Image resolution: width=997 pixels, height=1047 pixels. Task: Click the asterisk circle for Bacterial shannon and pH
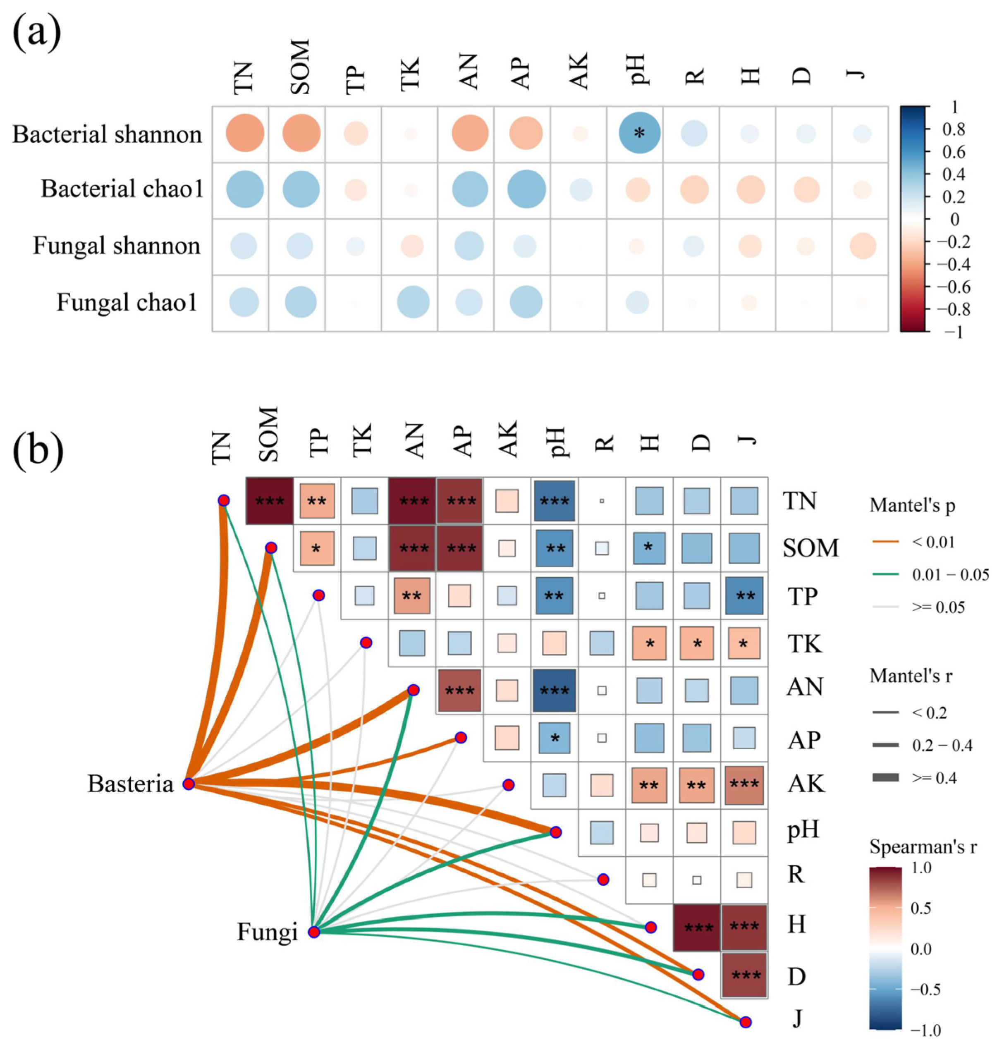(639, 134)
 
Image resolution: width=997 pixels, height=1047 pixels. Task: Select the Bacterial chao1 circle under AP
(526, 190)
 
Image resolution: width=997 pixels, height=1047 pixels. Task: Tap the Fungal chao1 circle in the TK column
(413, 302)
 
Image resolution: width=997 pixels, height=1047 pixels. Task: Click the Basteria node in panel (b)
(188, 784)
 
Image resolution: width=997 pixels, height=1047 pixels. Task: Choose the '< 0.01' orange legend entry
(934, 542)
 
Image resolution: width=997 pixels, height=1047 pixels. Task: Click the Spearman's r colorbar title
(923, 846)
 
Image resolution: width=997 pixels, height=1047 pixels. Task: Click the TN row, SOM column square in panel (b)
(270, 501)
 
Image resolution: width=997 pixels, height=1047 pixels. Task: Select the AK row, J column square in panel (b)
(744, 785)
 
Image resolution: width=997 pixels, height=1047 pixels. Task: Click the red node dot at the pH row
(555, 832)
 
